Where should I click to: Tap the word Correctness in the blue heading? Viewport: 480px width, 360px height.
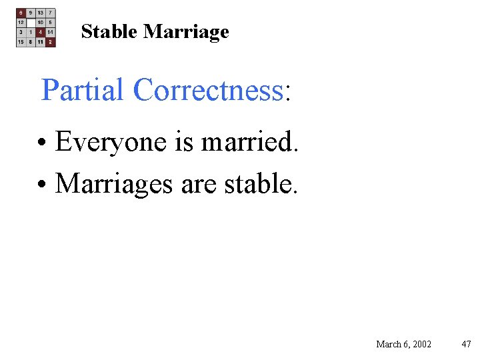[208, 90]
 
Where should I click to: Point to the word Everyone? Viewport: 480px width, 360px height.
[111, 141]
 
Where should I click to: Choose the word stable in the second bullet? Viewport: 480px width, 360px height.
[261, 183]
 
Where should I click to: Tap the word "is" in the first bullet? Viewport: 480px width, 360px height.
[183, 141]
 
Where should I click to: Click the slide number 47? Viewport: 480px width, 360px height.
[466, 344]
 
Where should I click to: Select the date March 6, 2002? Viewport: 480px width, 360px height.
[403, 344]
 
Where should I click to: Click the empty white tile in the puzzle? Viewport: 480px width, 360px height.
[31, 22]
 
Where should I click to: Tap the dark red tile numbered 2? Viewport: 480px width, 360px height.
[51, 41]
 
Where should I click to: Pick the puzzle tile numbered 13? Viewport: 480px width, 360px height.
[41, 13]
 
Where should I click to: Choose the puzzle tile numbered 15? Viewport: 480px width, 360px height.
[21, 41]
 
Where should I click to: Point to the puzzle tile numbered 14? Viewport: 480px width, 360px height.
[51, 32]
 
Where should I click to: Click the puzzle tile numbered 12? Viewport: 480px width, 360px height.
[21, 22]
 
